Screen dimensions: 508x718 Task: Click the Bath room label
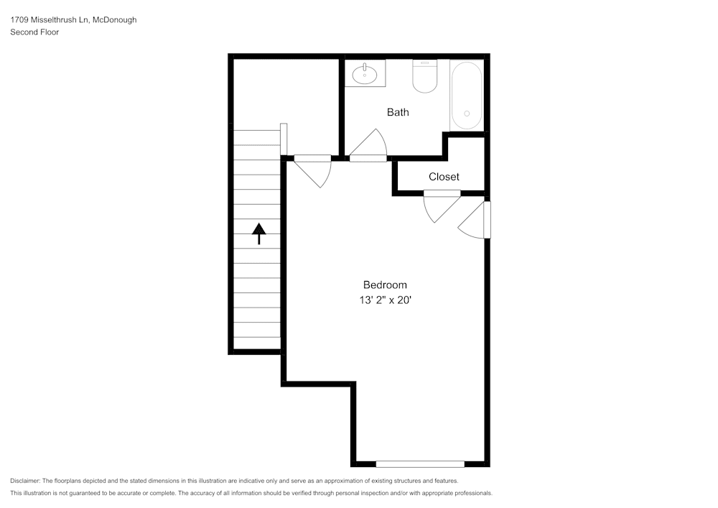point(398,112)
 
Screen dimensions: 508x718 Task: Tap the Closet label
point(444,177)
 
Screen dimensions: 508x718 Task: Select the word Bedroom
point(385,285)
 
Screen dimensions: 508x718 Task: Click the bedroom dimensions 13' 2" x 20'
point(386,300)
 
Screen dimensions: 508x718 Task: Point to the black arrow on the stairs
point(258,234)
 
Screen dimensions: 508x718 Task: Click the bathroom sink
point(365,73)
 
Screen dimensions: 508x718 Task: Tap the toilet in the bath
point(425,77)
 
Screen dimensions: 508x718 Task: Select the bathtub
point(467,96)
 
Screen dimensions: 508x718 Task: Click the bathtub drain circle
point(467,114)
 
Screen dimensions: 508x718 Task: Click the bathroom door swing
point(371,144)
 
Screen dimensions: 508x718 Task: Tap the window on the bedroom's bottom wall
point(420,463)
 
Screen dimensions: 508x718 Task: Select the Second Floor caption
point(34,32)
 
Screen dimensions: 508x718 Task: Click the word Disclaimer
point(25,481)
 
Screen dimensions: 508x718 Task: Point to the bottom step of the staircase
point(256,343)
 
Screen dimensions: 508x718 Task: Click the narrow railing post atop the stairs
point(284,139)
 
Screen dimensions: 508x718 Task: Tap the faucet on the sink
point(365,67)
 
